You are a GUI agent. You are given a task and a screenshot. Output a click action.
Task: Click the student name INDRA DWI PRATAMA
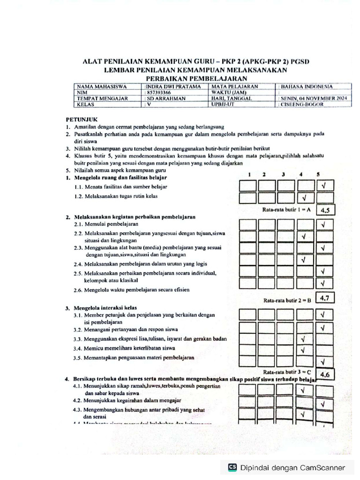coord(173,87)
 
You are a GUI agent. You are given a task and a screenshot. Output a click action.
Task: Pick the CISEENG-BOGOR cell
coord(302,105)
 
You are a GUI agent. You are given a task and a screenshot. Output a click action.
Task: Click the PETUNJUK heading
coord(82,120)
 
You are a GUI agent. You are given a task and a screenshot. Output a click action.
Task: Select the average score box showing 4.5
coord(325,210)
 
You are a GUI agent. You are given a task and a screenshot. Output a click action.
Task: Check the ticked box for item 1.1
coord(323,186)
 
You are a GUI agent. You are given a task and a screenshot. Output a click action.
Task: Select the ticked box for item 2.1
coord(323,225)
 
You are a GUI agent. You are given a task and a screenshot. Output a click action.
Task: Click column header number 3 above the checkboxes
coord(283,174)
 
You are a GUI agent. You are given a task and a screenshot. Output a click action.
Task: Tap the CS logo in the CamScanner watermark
coord(232,467)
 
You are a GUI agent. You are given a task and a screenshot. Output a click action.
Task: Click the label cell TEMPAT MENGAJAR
coord(100,99)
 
